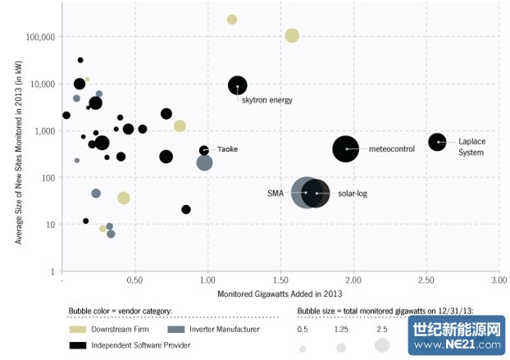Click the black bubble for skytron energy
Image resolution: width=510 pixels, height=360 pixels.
(237, 85)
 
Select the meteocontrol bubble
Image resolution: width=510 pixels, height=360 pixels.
(346, 148)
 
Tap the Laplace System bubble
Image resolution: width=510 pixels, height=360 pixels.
(438, 142)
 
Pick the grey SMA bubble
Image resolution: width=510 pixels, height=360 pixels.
(303, 193)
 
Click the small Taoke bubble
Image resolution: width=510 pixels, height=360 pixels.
(204, 150)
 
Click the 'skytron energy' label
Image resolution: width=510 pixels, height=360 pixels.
(267, 100)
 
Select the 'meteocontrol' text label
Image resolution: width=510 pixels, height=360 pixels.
(392, 149)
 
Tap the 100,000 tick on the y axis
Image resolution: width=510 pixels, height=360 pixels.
(40, 37)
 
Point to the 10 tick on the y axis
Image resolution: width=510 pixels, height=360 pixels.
(49, 225)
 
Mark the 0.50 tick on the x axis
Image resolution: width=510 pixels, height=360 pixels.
(134, 280)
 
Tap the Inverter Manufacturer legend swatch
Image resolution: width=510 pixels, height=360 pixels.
(175, 329)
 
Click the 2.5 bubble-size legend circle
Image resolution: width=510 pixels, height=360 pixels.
(382, 346)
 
